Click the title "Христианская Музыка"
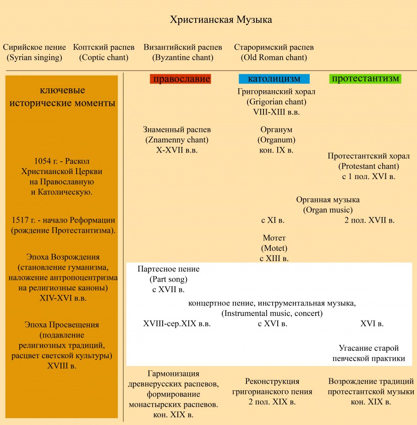[221, 20]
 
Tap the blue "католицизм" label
[274, 79]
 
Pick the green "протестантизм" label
[365, 79]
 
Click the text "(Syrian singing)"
[34, 58]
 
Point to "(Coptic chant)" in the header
[104, 58]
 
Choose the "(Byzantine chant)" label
[183, 58]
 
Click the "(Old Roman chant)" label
[274, 58]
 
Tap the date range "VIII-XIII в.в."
[276, 111]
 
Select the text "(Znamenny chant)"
[177, 140]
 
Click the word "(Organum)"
[276, 140]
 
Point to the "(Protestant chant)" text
[369, 166]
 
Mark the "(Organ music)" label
[328, 210]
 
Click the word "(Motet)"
[274, 248]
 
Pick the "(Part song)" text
[169, 279]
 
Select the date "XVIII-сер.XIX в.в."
[177, 324]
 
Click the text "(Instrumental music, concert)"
[272, 314]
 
